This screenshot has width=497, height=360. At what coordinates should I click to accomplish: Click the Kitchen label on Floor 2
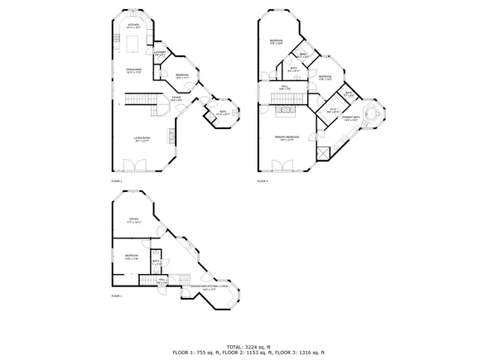click(134, 26)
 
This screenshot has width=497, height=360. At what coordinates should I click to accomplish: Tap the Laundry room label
click(161, 55)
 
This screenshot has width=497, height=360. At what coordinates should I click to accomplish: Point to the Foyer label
click(176, 98)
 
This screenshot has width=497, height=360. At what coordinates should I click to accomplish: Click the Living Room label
click(142, 139)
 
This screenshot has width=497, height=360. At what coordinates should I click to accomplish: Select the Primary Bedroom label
click(287, 137)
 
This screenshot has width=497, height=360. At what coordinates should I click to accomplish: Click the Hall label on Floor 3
click(283, 89)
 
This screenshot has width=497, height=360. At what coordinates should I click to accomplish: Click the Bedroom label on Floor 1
click(131, 257)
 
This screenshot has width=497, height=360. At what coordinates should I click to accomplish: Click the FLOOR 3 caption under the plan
click(262, 180)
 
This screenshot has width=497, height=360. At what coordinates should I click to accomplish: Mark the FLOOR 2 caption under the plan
click(116, 180)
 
